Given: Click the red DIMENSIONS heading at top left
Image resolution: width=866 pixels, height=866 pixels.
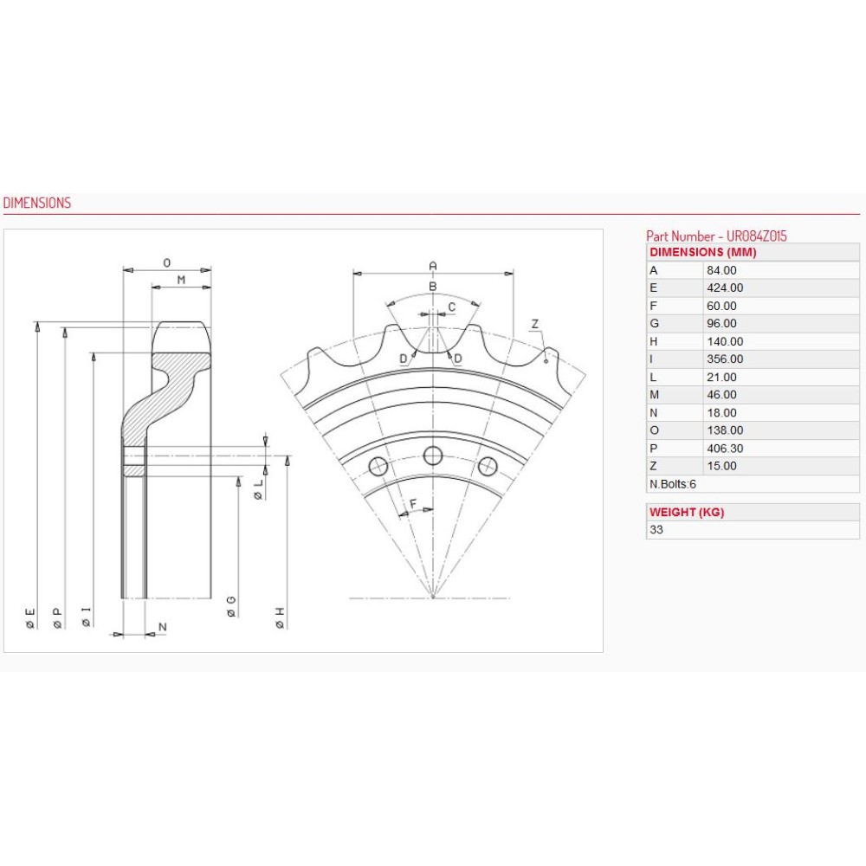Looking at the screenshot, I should (x=37, y=203).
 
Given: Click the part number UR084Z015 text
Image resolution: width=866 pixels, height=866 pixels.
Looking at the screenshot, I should (x=716, y=236).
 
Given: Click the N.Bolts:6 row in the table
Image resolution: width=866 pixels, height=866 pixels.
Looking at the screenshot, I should (x=673, y=484).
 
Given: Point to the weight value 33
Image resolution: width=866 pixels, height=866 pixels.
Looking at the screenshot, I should (x=656, y=529).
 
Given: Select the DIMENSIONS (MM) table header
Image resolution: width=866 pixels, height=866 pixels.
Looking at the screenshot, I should (x=702, y=252).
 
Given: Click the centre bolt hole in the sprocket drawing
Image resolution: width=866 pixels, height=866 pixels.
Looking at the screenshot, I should (x=433, y=456).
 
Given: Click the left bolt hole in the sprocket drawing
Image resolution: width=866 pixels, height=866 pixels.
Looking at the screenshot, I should (x=378, y=466).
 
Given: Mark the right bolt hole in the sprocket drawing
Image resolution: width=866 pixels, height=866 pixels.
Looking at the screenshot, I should (x=488, y=466).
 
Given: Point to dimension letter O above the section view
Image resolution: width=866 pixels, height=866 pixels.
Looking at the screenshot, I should (x=167, y=261).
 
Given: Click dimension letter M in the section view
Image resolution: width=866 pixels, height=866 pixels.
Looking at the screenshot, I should (x=181, y=279).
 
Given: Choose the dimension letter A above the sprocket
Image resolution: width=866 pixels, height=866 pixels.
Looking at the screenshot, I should (x=433, y=265).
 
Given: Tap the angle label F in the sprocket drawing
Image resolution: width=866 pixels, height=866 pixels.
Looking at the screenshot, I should (x=413, y=503).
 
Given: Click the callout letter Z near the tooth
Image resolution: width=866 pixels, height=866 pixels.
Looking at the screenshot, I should (x=535, y=324).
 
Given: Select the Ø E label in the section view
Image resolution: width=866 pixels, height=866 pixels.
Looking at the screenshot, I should (x=31, y=617).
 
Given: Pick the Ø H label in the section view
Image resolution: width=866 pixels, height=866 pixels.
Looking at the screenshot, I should (x=280, y=617).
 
